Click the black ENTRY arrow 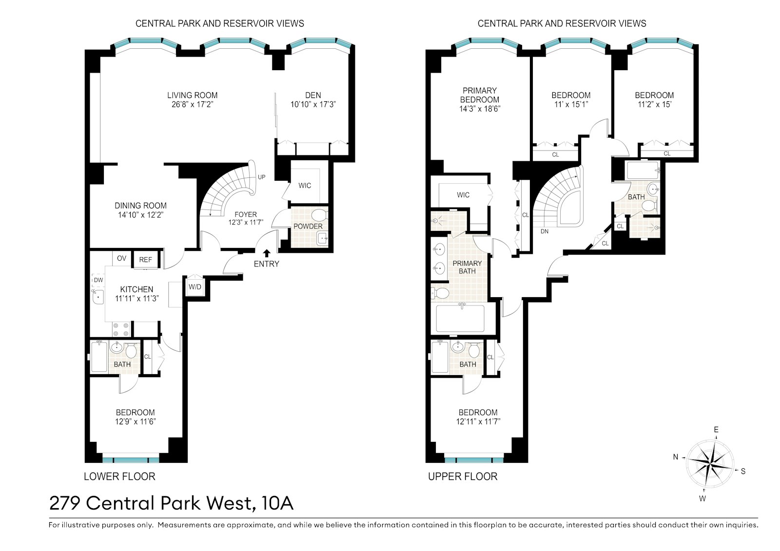tap(267, 253)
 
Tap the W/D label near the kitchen tap(195, 287)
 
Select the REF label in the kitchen tap(146, 260)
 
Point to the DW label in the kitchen tap(98, 280)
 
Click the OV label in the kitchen tap(121, 258)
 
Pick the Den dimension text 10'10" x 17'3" tap(313, 104)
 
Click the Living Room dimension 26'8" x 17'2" tap(192, 104)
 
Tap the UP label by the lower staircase tap(261, 177)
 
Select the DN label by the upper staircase tap(545, 231)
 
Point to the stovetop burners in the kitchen tap(121, 329)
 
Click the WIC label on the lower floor tap(305, 186)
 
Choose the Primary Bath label tap(468, 267)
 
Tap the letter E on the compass tap(716, 430)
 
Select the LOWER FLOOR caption tap(119, 476)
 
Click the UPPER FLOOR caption tap(463, 476)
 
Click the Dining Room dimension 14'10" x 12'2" tap(141, 215)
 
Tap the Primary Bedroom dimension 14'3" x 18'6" tap(480, 109)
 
